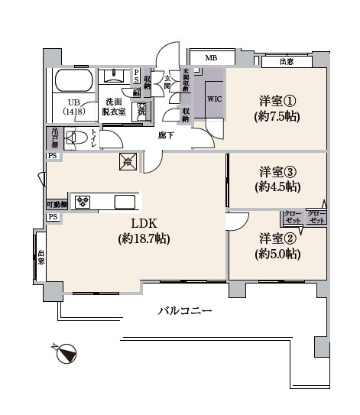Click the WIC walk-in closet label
pyautogui.click(x=214, y=99)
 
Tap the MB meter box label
pyautogui.click(x=209, y=58)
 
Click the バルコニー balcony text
pyautogui.click(x=184, y=311)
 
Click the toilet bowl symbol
pyautogui.click(x=75, y=138)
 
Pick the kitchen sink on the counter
pyautogui.click(x=125, y=202)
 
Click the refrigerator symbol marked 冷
pyautogui.click(x=126, y=161)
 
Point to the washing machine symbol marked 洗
pyautogui.click(x=142, y=111)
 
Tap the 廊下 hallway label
pyautogui.click(x=166, y=135)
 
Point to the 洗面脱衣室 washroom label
pyautogui.click(x=115, y=105)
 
